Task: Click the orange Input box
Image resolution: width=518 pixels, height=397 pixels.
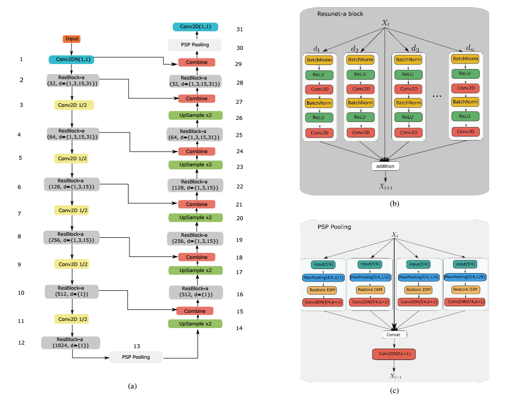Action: click(x=72, y=39)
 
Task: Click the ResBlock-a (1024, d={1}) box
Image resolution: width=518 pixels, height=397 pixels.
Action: click(x=71, y=343)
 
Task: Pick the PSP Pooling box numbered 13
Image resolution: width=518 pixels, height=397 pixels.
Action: click(x=136, y=357)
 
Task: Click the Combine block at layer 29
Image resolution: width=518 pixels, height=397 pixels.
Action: click(x=197, y=62)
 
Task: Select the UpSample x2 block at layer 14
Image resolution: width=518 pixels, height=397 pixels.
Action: click(x=197, y=323)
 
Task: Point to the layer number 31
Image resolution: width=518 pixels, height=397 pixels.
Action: click(x=239, y=29)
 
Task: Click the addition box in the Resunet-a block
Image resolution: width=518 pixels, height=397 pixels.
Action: click(x=385, y=166)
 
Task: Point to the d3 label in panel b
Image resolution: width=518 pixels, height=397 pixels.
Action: click(x=415, y=49)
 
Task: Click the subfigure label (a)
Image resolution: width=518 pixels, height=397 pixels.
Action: click(x=132, y=386)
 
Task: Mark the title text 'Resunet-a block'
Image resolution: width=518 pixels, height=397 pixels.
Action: click(x=340, y=14)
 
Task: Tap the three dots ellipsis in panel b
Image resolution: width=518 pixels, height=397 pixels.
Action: click(x=437, y=96)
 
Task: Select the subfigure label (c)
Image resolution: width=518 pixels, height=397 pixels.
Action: click(x=394, y=389)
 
